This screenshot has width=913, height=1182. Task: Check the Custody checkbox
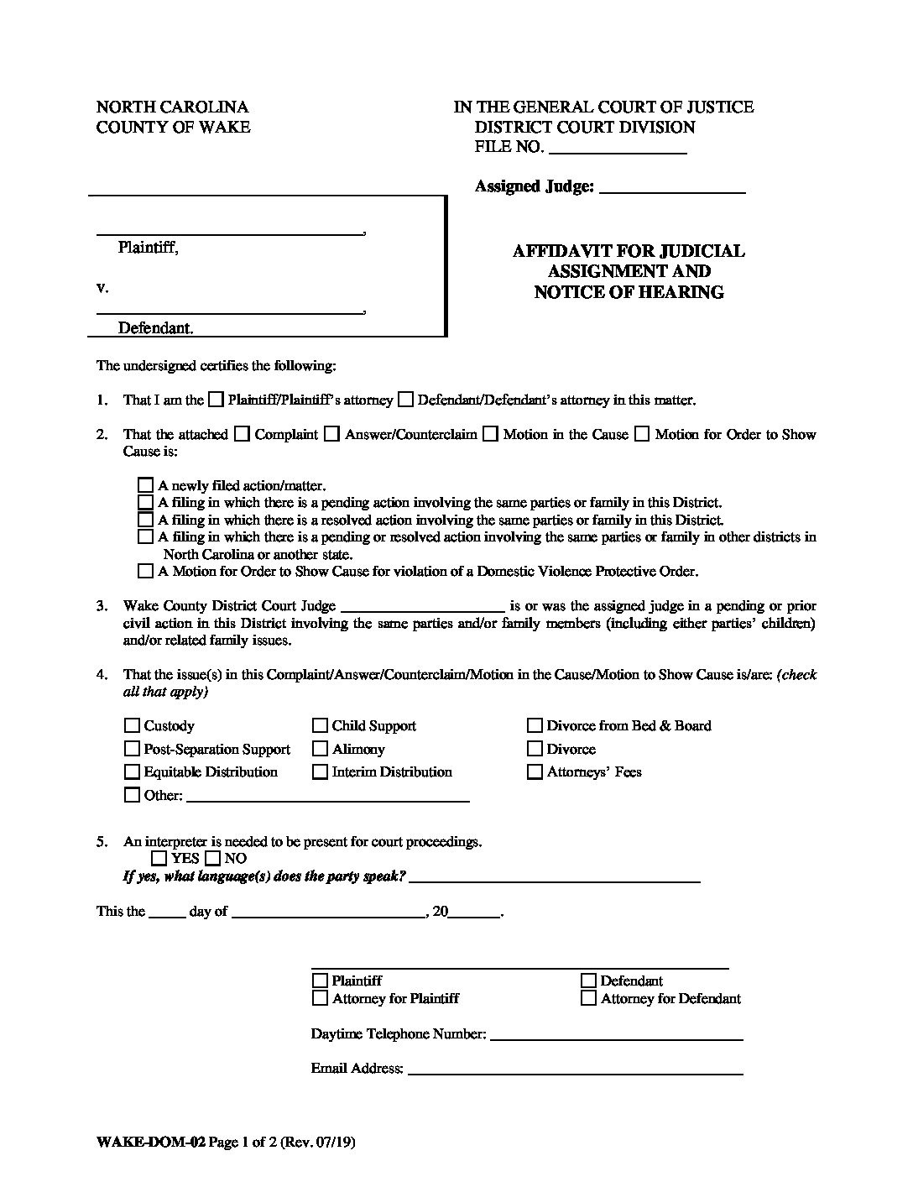pyautogui.click(x=132, y=726)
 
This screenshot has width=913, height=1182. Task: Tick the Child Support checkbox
pyautogui.click(x=320, y=726)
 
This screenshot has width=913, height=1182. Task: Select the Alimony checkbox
pyautogui.click(x=320, y=749)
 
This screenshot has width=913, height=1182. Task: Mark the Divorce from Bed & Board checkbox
pyautogui.click(x=535, y=726)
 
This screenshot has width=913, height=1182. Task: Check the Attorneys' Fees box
pyautogui.click(x=535, y=772)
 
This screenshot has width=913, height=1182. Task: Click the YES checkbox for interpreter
pyautogui.click(x=159, y=858)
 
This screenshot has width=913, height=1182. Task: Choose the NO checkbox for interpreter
pyautogui.click(x=212, y=858)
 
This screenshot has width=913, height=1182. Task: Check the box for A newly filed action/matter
pyautogui.click(x=146, y=485)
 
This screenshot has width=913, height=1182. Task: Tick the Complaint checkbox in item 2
pyautogui.click(x=243, y=435)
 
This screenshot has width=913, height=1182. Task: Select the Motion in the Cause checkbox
pyautogui.click(x=491, y=435)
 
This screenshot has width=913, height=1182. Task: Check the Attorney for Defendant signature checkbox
pyautogui.click(x=588, y=998)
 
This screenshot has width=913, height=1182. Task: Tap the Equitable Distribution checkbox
pyautogui.click(x=132, y=772)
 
